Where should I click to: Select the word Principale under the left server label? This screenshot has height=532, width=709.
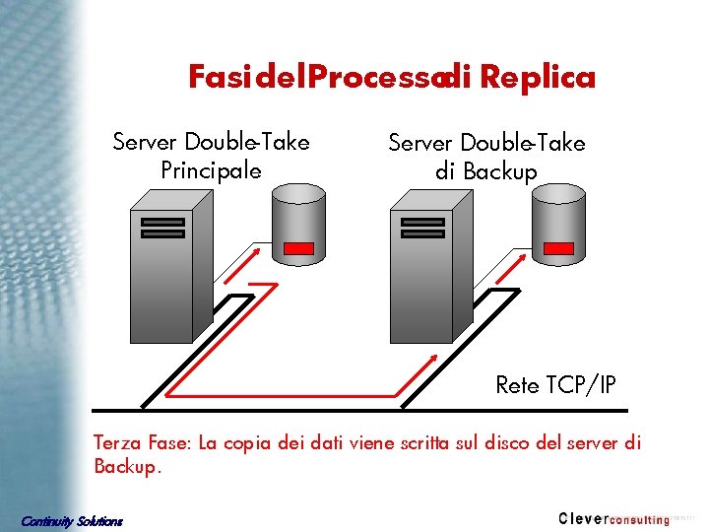pos(211,170)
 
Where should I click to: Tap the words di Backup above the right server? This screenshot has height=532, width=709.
pos(486,172)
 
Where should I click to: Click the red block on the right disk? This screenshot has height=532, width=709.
pos(559,248)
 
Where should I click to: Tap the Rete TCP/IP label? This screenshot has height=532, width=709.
pos(555,385)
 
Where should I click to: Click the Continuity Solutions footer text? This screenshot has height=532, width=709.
pos(72,520)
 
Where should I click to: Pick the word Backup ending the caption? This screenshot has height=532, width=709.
pos(124,466)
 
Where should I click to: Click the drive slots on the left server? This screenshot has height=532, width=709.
pos(162,228)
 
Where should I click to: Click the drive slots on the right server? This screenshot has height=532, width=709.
pos(422,228)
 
